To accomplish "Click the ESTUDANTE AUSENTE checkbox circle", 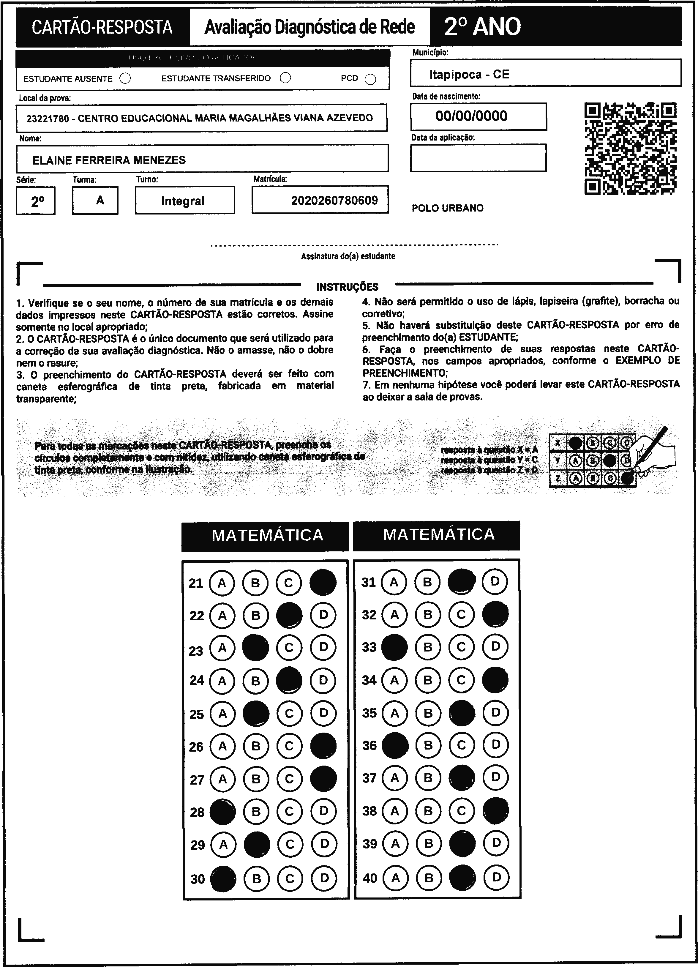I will coord(125,78).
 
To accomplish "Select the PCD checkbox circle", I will coord(370,79).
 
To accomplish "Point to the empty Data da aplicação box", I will coord(478,158).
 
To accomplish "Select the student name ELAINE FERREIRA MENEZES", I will coord(109,160).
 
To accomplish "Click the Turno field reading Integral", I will coord(183,201).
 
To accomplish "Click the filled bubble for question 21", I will coord(323,582).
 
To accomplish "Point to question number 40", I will coord(370,878).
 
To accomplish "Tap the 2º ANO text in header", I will coord(482,27).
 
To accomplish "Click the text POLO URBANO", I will coord(447,208).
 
